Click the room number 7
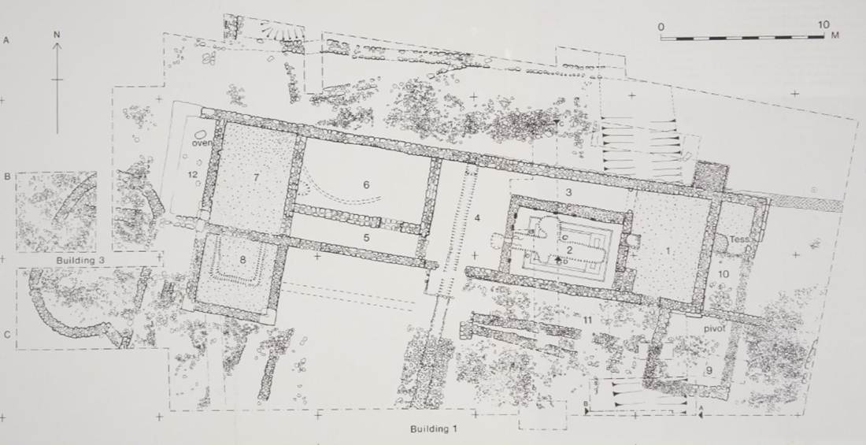pos(257,177)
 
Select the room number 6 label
pos(365,184)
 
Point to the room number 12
pos(192,175)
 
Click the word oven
pos(202,143)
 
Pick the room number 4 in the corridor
pos(477,218)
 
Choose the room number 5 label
pos(365,238)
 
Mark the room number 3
pos(568,192)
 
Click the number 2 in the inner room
pos(569,250)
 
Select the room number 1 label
pos(668,251)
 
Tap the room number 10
pos(724,273)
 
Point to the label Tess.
pos(739,240)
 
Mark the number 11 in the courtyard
pos(587,320)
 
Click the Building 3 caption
pos(81,260)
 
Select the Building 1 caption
pos(434,428)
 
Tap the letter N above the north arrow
pos(57,35)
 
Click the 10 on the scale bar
pos(823,25)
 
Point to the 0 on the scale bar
pos(661,27)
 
